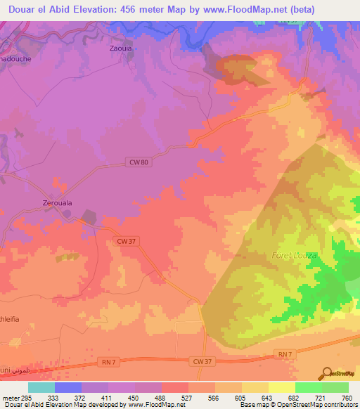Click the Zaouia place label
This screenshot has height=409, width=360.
pos(121,50)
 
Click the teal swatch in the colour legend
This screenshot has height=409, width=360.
pos(41,387)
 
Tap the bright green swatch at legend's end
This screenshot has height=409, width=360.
pos(335,387)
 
